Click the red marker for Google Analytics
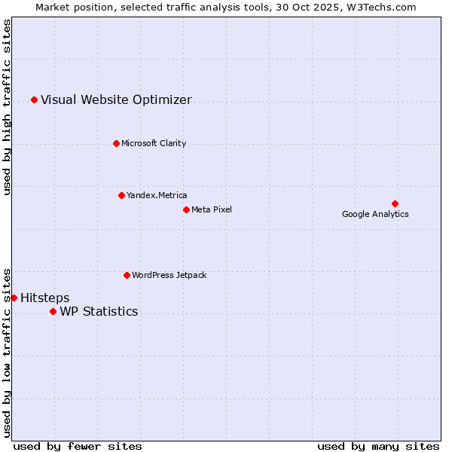click(x=395, y=203)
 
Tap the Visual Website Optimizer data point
click(x=34, y=99)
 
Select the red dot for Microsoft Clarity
click(x=116, y=143)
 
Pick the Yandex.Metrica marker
click(x=121, y=195)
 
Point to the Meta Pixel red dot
click(x=186, y=209)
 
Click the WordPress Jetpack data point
click(x=127, y=275)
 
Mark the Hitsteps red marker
click(x=14, y=298)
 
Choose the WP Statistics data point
click(x=53, y=311)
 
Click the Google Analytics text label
click(x=375, y=214)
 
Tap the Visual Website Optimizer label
click(x=116, y=99)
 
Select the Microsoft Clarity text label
click(x=154, y=143)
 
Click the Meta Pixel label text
click(x=212, y=209)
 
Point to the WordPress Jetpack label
click(x=169, y=275)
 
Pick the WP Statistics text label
click(x=99, y=311)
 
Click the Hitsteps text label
click(x=44, y=298)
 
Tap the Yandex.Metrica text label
click(x=157, y=195)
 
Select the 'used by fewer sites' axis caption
click(x=78, y=446)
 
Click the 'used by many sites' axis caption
click(x=378, y=446)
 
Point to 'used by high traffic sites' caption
click(x=7, y=107)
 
